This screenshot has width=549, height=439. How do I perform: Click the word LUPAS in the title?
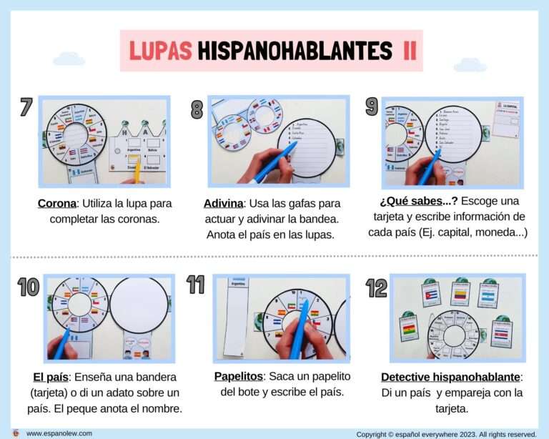coord(160,50)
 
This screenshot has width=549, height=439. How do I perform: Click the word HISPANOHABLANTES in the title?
coord(295,50)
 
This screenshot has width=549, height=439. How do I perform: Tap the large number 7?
coord(26,107)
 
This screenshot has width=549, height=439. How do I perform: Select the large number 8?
coord(197,109)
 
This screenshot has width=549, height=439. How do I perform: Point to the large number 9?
coord(371,107)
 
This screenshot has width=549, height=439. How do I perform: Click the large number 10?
coord(29,287)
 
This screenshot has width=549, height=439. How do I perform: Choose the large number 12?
coord(376,287)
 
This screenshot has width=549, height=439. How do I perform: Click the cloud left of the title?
coord(69,59)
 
